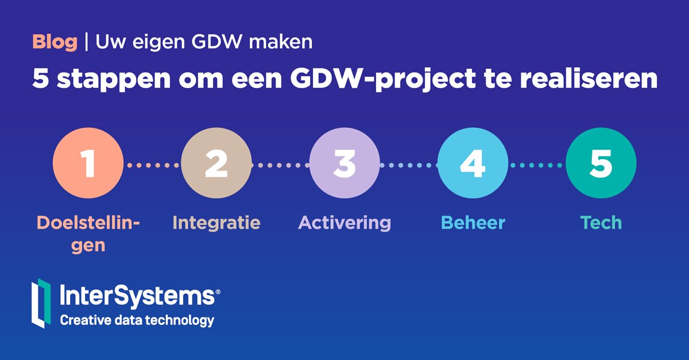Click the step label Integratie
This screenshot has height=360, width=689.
tap(216, 223)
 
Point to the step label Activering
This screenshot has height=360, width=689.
tap(344, 223)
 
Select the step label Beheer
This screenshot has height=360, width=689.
tap(473, 223)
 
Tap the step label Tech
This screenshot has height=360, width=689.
tap(601, 223)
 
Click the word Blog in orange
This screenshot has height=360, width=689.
tap(55, 42)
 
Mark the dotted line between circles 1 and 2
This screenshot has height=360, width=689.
tap(152, 165)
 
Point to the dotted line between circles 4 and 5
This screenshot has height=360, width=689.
tap(537, 165)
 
